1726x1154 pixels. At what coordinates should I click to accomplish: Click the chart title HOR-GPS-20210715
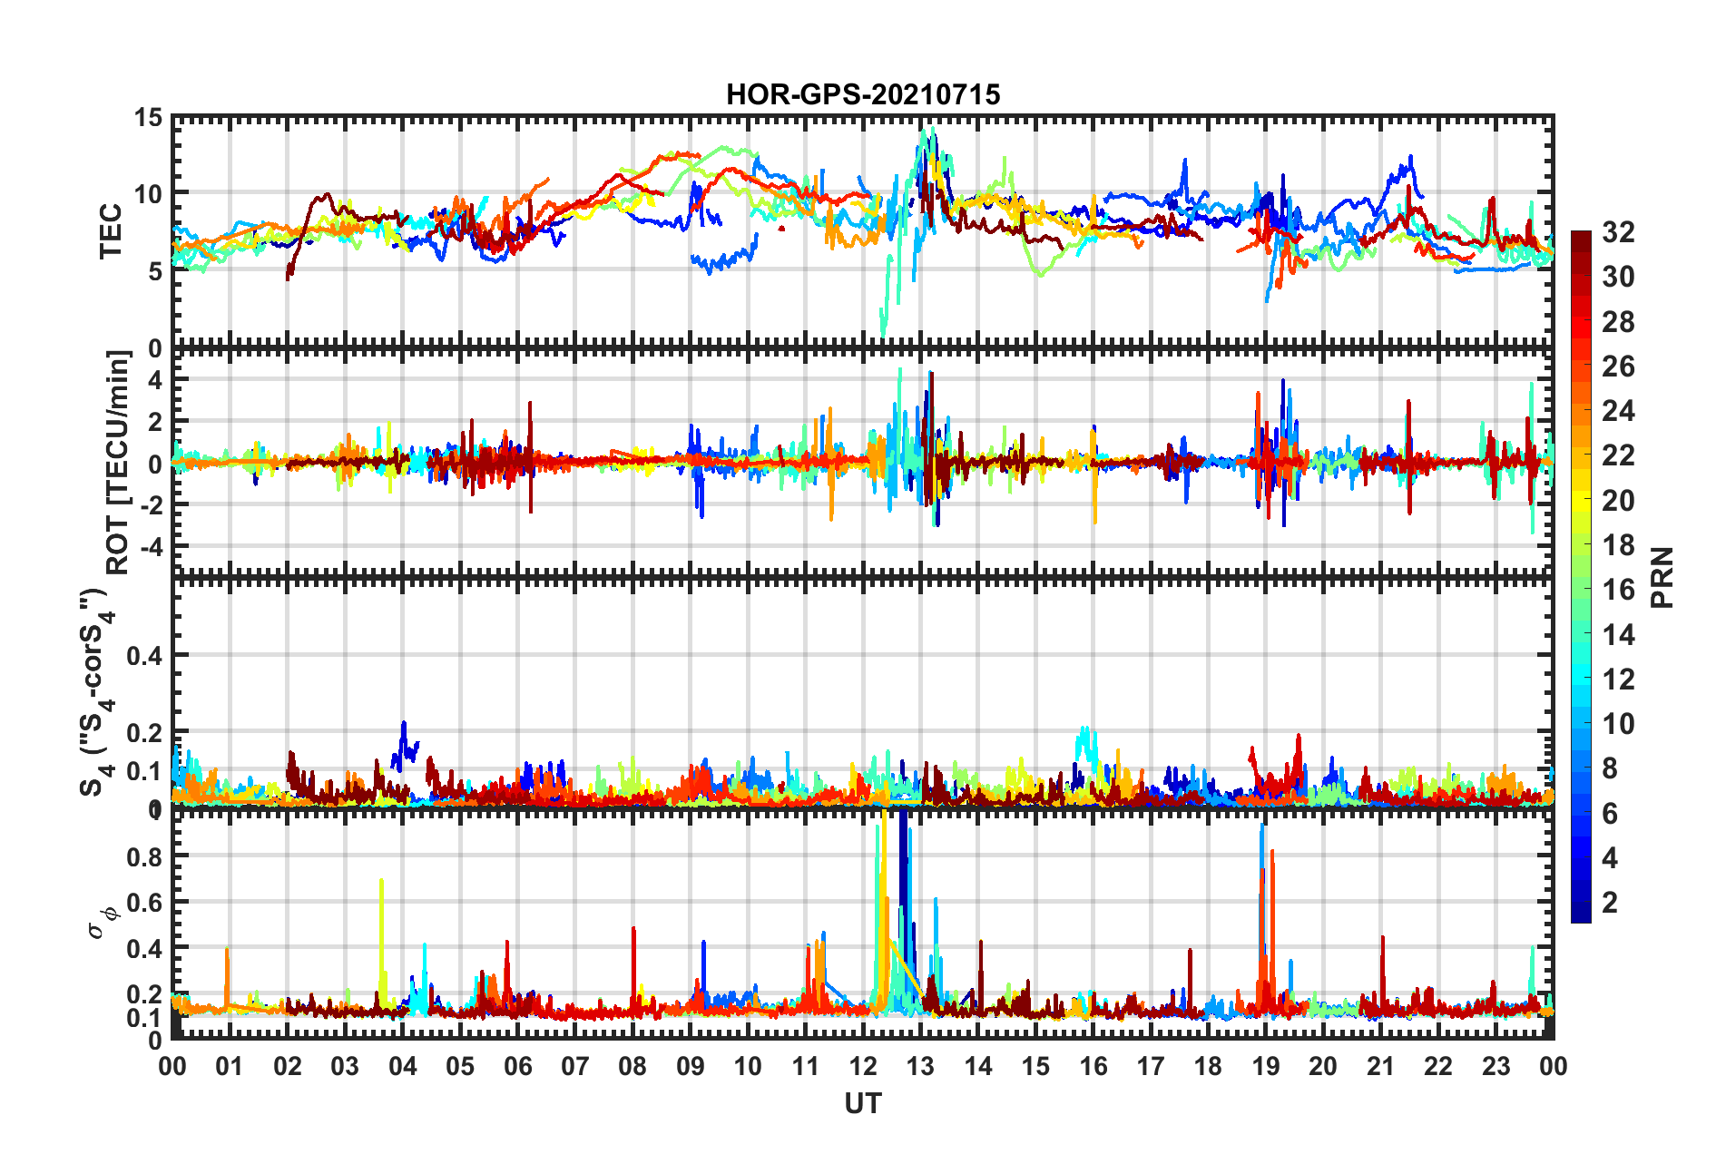862,94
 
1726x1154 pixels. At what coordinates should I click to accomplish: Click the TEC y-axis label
111,231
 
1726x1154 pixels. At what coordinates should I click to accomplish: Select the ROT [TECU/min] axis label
119,462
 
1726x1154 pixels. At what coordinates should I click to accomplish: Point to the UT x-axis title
862,1103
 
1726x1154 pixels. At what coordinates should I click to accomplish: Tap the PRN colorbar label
1662,578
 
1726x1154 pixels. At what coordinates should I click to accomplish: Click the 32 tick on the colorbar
1618,232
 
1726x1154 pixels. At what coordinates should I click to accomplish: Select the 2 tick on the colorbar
1610,902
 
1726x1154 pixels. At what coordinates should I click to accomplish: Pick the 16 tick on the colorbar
1618,590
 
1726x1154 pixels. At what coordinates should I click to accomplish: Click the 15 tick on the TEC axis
148,118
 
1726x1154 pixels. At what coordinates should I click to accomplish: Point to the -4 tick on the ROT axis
148,547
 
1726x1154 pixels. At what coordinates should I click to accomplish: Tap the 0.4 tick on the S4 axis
144,655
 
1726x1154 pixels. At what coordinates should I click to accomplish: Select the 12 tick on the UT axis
863,1066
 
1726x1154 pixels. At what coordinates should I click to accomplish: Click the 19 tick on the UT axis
1266,1066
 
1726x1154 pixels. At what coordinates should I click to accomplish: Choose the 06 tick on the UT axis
517,1066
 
